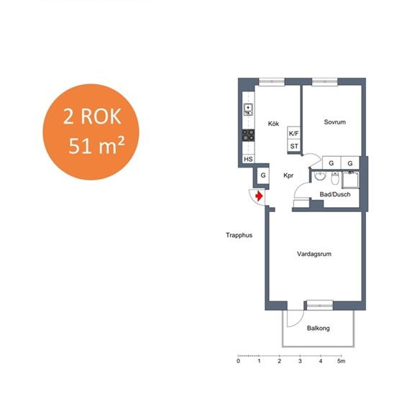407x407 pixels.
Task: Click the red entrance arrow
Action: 259,196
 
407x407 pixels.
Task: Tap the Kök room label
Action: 273,124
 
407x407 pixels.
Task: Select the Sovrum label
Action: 334,122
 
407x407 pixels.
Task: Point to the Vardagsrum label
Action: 314,254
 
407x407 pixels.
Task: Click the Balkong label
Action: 319,328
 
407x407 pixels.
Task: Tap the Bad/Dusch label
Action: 335,194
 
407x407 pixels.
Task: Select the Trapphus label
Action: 239,235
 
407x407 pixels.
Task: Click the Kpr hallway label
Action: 288,175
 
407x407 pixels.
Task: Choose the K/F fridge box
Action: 294,134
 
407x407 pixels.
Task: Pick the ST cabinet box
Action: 294,146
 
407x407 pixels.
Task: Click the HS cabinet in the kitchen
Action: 248,159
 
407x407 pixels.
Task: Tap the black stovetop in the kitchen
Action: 248,135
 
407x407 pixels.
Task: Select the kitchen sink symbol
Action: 248,109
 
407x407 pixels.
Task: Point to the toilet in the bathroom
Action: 335,178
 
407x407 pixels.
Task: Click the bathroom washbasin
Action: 320,175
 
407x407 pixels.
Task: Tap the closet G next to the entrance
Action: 263,175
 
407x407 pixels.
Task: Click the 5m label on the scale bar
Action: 342,361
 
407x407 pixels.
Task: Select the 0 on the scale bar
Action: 238,361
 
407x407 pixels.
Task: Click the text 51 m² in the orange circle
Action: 96,146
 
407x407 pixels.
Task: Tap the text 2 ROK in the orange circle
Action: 92,116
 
